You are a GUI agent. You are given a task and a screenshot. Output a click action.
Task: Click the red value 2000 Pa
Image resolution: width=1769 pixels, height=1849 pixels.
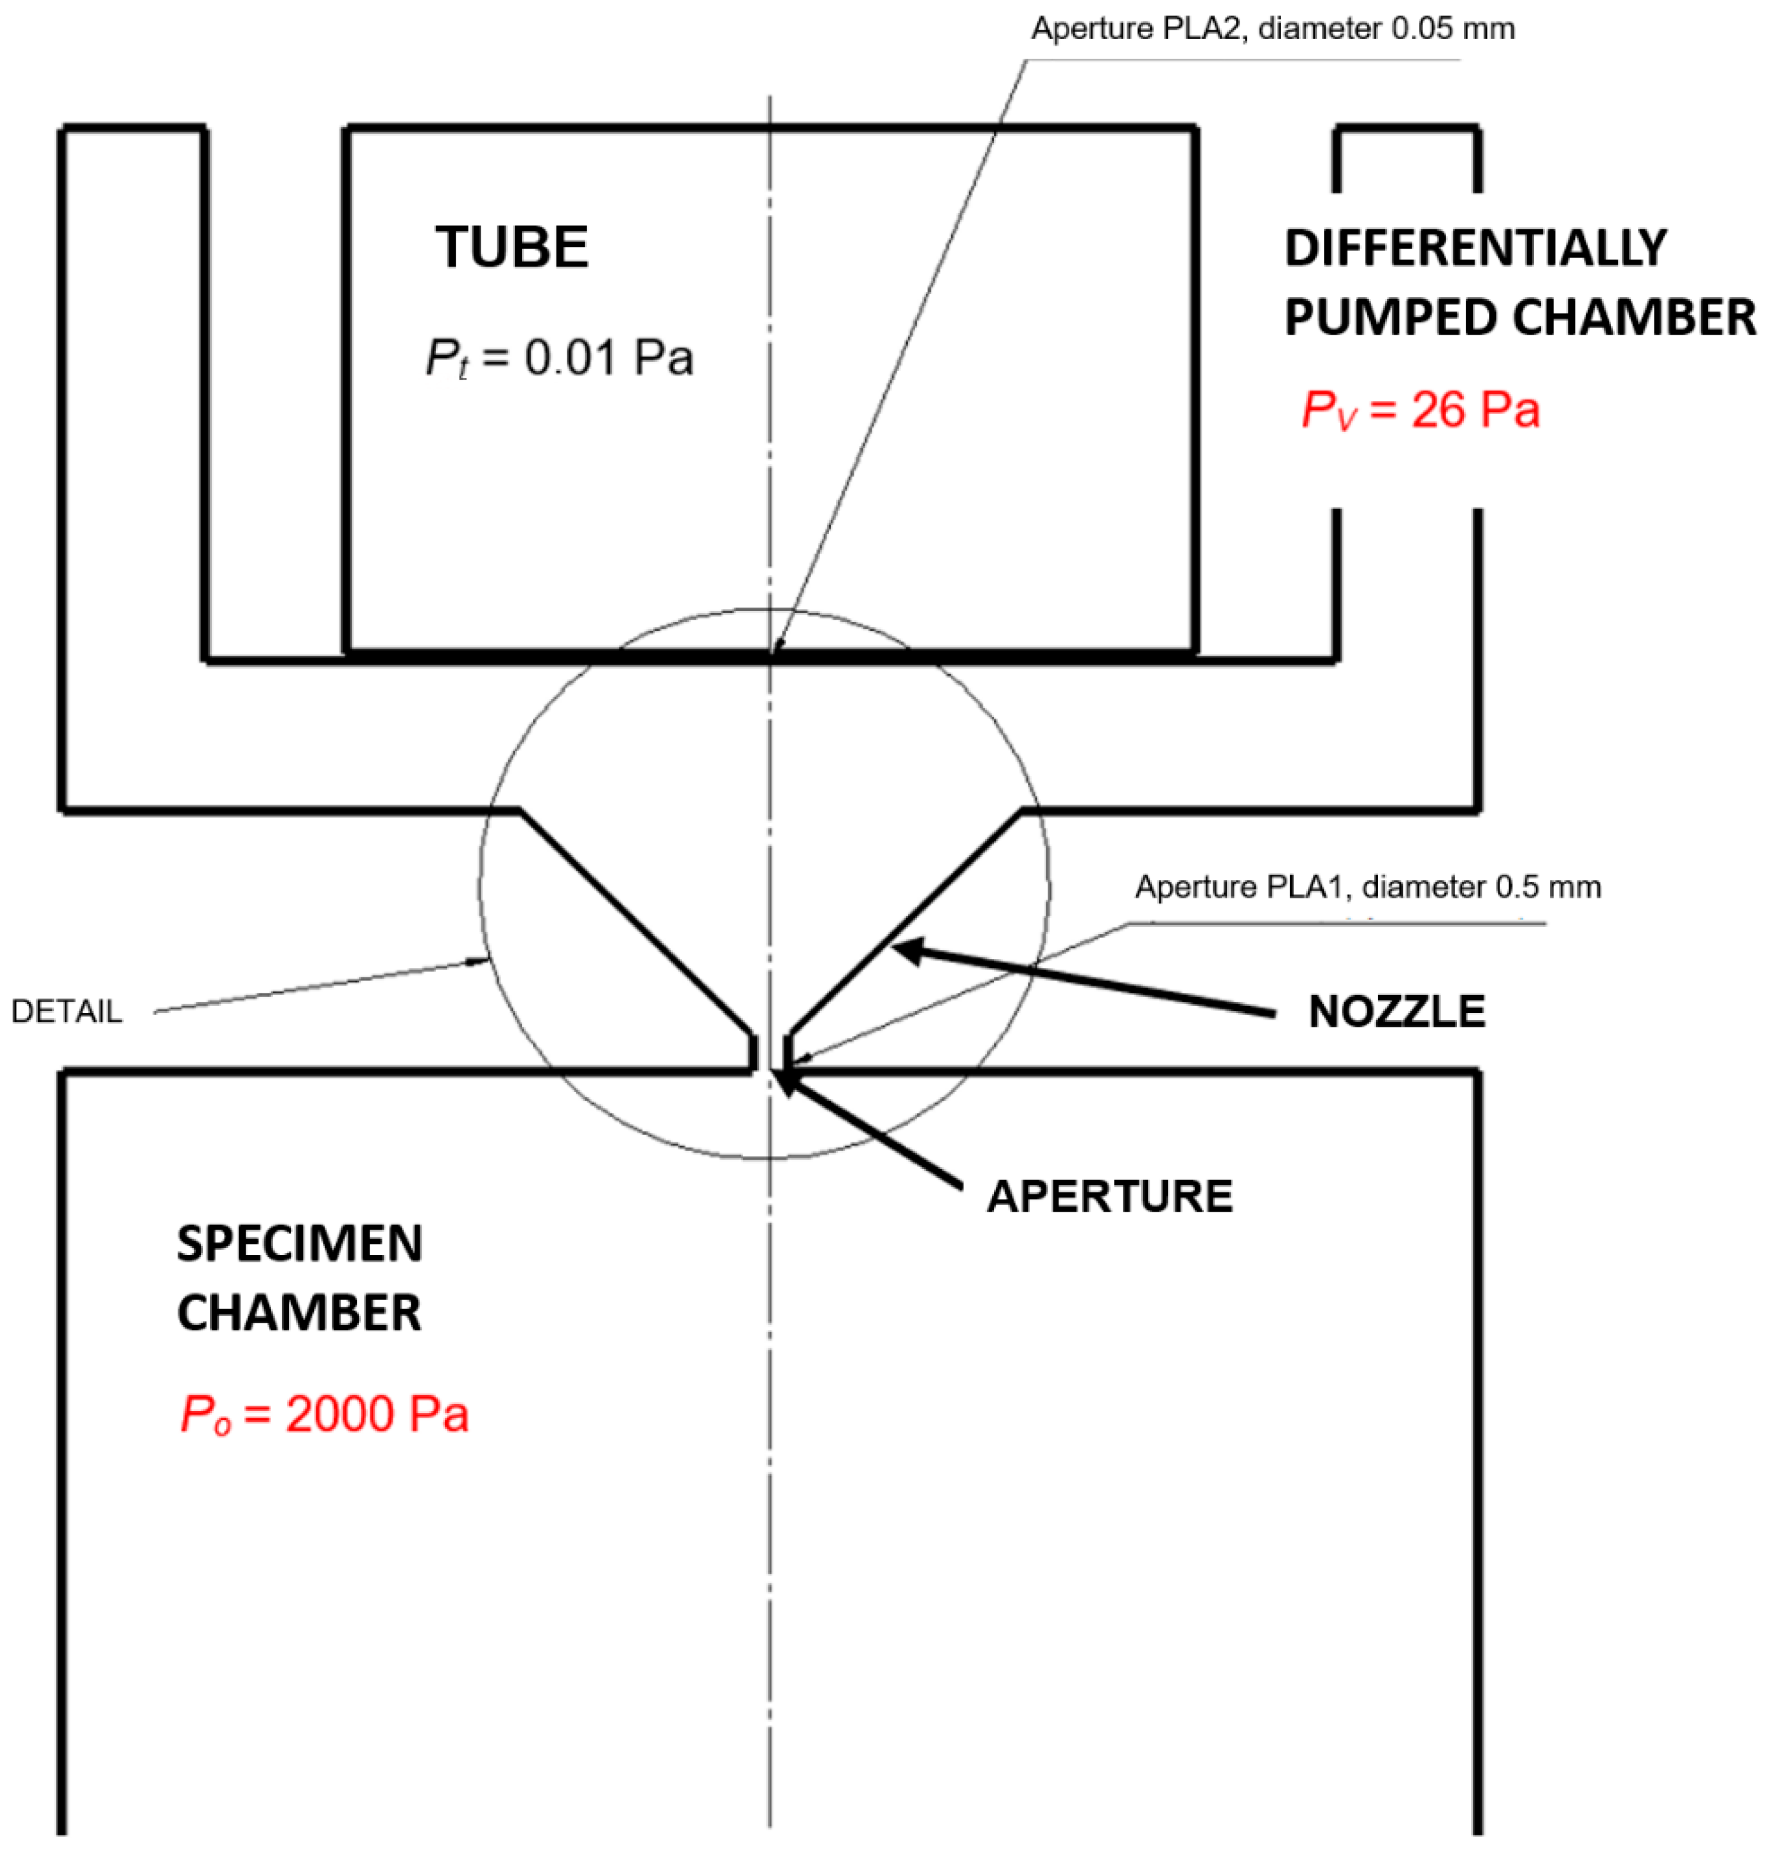point(377,1414)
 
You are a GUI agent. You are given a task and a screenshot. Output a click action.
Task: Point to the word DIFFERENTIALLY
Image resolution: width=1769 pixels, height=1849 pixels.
point(1476,248)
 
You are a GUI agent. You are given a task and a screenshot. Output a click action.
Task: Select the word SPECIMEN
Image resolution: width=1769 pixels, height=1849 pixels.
point(300,1244)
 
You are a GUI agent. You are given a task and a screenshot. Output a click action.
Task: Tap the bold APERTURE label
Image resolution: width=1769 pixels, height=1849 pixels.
point(1110,1196)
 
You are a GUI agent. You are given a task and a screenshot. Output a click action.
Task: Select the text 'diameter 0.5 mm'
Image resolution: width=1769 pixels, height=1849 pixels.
point(1481,887)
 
